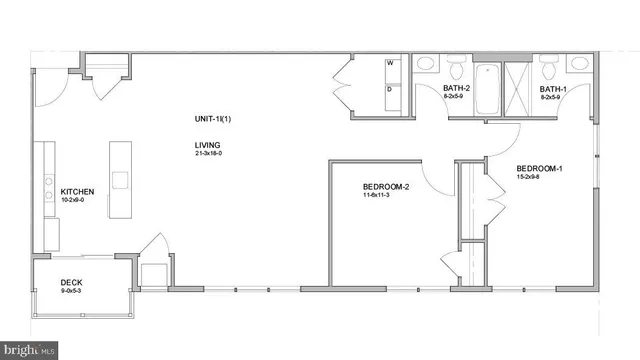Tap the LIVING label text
(208, 145)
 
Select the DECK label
(70, 282)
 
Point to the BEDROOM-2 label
(385, 187)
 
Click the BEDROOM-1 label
(539, 167)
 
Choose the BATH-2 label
(457, 87)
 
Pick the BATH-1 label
(554, 87)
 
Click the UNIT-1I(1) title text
(212, 119)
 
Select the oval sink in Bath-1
(579, 64)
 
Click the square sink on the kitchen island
(121, 180)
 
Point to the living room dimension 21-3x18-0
(209, 154)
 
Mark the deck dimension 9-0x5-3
(70, 291)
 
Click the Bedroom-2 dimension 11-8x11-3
(385, 196)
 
